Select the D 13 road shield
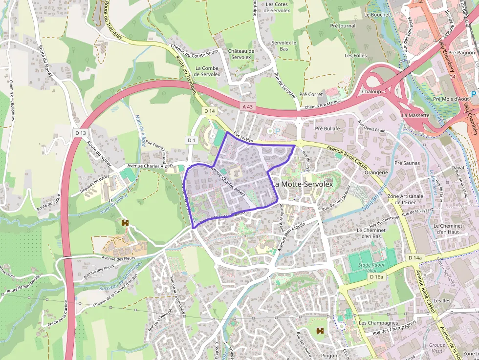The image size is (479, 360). [x=81, y=132]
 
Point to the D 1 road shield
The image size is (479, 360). [x=192, y=140]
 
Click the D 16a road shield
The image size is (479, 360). [x=376, y=277]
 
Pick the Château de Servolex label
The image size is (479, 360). [x=241, y=54]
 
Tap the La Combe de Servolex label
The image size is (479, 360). [x=207, y=71]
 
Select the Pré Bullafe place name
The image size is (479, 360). [x=327, y=128]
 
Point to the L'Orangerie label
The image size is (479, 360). [x=374, y=172]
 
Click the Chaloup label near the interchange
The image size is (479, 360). [x=371, y=92]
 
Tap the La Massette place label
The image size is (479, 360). [x=415, y=115]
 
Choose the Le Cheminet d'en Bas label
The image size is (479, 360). [x=375, y=233]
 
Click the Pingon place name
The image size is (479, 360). [x=329, y=356]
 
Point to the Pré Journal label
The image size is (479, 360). [x=343, y=26]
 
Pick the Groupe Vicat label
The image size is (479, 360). [x=437, y=348]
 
